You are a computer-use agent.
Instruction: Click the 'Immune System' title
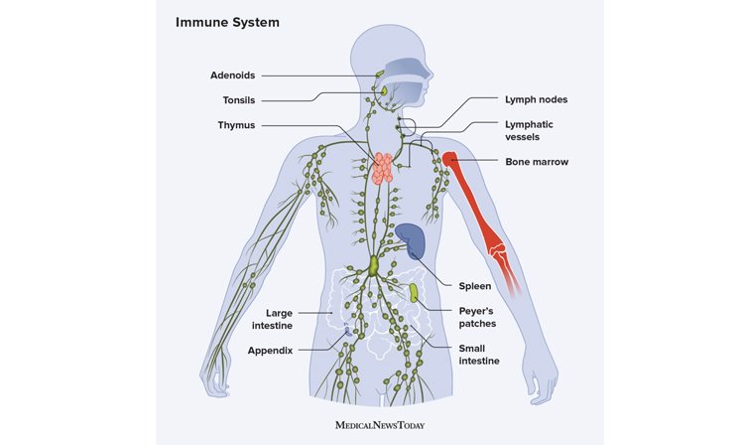pos(227,22)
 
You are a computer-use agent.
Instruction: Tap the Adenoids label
pos(232,75)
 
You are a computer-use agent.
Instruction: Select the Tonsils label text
pos(238,100)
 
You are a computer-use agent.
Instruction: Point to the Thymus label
pos(236,125)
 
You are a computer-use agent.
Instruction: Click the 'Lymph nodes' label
pos(536,99)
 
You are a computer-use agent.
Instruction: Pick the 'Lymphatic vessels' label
pos(529,131)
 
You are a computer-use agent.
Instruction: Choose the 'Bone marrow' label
pos(537,162)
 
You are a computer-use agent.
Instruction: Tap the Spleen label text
pos(474,286)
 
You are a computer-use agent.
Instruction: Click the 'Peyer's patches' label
pos(477,318)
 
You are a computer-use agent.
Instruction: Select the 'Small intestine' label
pos(479,355)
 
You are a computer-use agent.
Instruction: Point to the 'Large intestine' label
pos(272,320)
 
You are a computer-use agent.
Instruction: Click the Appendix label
pos(270,351)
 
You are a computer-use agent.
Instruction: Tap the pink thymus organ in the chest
pos(382,168)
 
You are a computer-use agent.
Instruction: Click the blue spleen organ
pos(412,240)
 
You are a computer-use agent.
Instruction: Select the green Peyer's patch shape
pos(414,292)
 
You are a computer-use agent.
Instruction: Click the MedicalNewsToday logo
pos(380,425)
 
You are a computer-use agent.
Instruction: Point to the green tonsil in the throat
pos(384,90)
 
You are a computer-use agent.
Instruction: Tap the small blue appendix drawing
pos(347,331)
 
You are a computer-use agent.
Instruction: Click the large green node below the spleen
pos(374,266)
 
